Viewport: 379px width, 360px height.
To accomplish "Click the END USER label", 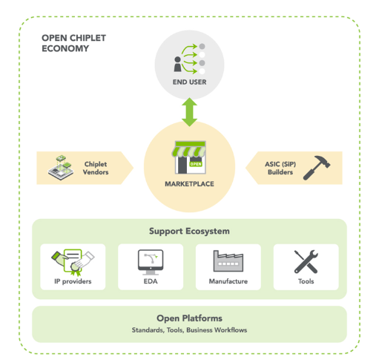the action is [189, 82].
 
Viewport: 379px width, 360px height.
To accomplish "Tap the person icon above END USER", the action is [177, 65].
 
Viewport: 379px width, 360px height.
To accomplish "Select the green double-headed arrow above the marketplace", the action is [189, 112].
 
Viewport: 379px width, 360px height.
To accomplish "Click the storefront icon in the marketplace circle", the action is [189, 157].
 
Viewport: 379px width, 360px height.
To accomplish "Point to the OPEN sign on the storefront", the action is [196, 164].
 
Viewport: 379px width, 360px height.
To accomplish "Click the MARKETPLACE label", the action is [189, 184].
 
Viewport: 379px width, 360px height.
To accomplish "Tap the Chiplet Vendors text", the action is [96, 168].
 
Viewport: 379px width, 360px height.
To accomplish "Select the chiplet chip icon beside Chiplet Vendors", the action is [61, 168].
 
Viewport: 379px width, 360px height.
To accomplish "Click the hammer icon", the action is [317, 168].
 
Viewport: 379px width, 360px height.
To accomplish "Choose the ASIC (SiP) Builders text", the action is [280, 168].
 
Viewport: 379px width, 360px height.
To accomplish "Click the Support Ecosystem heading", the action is [189, 231].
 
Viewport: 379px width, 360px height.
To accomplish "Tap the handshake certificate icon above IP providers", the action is [73, 263].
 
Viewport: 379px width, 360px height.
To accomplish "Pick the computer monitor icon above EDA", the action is [151, 262].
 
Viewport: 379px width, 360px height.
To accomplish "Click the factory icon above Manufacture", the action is [228, 261].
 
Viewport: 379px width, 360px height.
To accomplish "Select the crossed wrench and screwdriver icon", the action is [306, 261].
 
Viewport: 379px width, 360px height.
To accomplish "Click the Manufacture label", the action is [228, 281].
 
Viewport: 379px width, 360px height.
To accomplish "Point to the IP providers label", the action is [73, 281].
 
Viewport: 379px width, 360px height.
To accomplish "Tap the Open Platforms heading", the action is [189, 318].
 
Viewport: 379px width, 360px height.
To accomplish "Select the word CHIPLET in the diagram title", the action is [88, 38].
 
